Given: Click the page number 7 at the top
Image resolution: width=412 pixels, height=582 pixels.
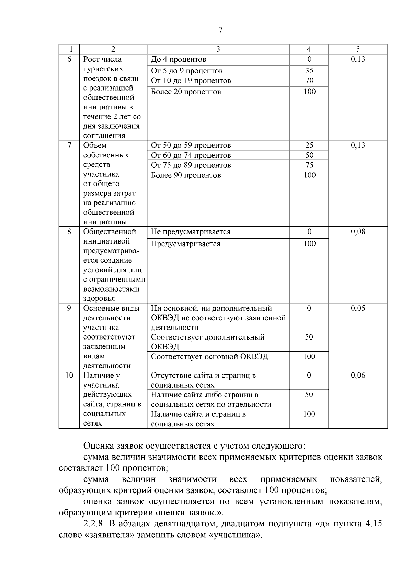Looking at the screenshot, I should pos(221,30).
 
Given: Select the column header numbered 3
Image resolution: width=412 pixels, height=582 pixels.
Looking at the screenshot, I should pos(218,49).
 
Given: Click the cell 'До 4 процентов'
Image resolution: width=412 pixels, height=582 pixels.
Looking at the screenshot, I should pos(179,59).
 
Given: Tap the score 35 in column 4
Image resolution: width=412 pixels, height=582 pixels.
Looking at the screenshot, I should pos(309,71).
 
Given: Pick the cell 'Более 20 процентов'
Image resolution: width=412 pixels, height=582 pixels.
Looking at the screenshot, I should pos(186,92).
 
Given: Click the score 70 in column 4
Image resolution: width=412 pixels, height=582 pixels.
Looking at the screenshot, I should pos(309,81).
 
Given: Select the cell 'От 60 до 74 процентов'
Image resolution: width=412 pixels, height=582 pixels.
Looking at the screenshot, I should pos(191,155).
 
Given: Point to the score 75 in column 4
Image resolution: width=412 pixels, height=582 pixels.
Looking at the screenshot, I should pos(309,165).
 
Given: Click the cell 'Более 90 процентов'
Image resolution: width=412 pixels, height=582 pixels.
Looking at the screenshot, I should pos(186,175).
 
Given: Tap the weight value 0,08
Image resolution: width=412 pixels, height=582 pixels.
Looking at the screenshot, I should pos(358,231).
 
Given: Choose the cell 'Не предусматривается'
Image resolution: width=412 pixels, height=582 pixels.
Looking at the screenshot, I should pos(191,232).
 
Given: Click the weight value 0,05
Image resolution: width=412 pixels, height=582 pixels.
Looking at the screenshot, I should pos(358,308).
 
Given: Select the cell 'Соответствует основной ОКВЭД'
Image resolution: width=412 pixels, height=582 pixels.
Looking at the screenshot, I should pos(209,357).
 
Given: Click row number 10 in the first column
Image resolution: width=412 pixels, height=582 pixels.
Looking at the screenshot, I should pos(69,375).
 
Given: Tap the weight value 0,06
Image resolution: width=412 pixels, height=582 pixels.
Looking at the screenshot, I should pos(358,375).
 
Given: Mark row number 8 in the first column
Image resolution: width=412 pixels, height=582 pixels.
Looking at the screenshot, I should pos(69,231).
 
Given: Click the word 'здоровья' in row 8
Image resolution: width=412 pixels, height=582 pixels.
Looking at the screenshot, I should pos(99,298).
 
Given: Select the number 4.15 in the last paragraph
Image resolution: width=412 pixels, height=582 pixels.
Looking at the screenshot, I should pos(372,524).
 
